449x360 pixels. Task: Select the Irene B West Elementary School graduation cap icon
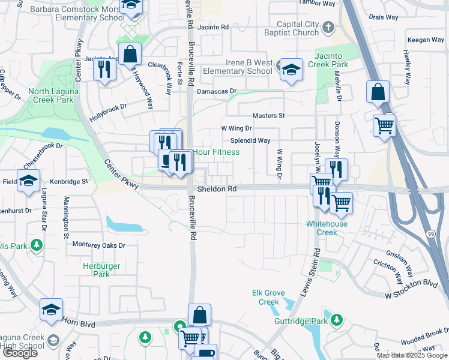pyautogui.click(x=291, y=71)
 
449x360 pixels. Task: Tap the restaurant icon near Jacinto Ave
pyautogui.click(x=105, y=70)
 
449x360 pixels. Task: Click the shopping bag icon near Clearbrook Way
pyautogui.click(x=130, y=55)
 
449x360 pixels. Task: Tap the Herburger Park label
pyautogui.click(x=101, y=270)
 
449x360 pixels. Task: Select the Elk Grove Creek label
pyautogui.click(x=270, y=298)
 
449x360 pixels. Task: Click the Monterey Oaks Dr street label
pyautogui.click(x=98, y=245)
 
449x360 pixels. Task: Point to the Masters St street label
pyautogui.click(x=268, y=115)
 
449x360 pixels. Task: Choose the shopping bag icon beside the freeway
pyautogui.click(x=378, y=92)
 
